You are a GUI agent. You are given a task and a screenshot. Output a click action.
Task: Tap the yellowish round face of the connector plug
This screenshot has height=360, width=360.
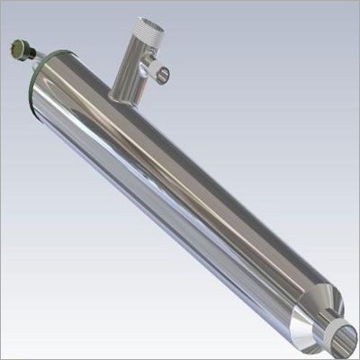point(19,44)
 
